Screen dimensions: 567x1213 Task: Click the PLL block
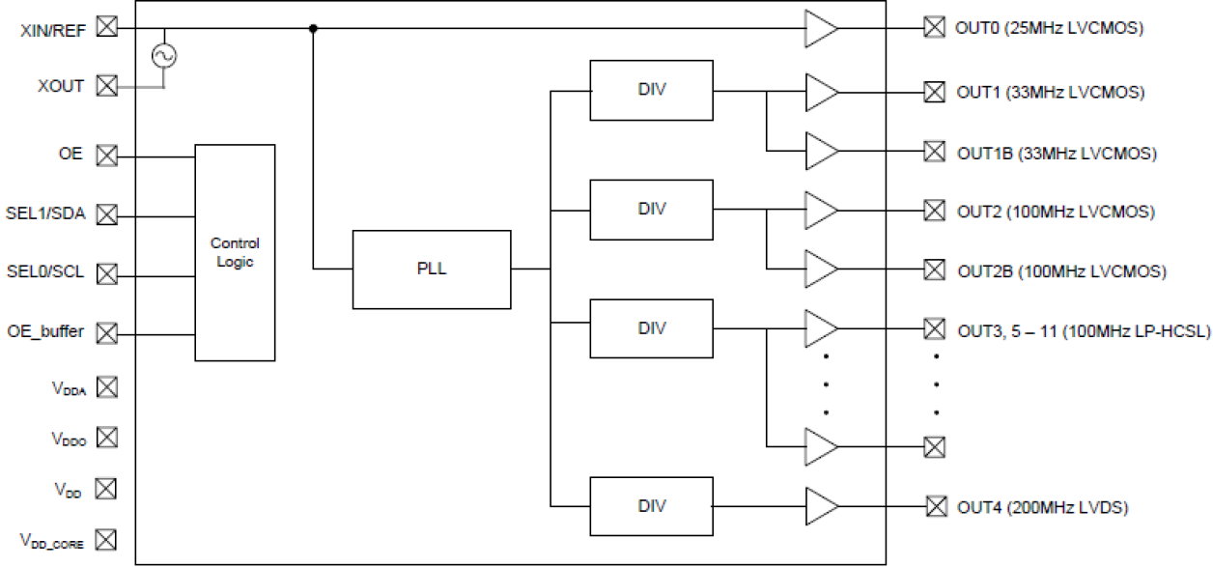[x=431, y=269]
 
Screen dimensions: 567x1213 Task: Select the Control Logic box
[x=235, y=252]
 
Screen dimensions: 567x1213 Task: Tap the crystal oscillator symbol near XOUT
[x=163, y=56]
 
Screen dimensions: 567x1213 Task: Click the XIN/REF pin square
[x=107, y=28]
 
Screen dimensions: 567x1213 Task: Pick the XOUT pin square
[x=107, y=86]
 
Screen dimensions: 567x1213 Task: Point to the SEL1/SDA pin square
[x=107, y=213]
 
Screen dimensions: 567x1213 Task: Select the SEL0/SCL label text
[x=45, y=272]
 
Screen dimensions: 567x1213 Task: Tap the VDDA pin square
[x=107, y=387]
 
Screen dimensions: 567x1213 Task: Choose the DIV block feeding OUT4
[x=651, y=506]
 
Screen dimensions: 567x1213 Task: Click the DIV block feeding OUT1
[x=651, y=90]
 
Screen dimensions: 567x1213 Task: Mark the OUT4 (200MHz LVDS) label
[x=1042, y=506]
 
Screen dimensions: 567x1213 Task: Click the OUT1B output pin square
[x=933, y=152]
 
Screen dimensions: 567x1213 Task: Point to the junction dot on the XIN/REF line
[x=313, y=28]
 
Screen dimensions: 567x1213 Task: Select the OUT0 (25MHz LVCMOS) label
[x=1049, y=28]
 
